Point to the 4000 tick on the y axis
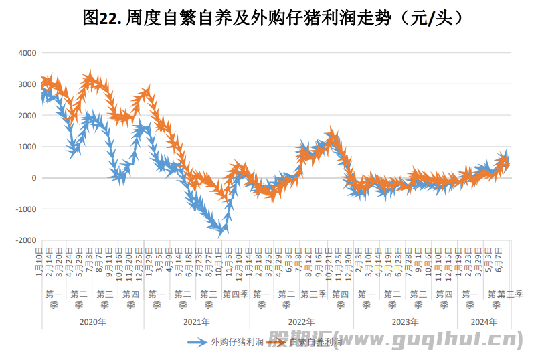click(29, 53)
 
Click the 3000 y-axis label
click(29, 84)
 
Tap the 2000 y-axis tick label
click(29, 116)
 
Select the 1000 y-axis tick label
click(29, 147)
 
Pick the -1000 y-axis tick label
click(27, 209)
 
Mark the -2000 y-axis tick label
click(27, 240)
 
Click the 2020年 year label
click(92, 321)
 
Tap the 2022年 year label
click(301, 321)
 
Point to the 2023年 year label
click(405, 321)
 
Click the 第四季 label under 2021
click(236, 294)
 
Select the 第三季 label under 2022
click(313, 294)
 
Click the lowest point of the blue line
click(220, 231)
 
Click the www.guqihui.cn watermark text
click(428, 339)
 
